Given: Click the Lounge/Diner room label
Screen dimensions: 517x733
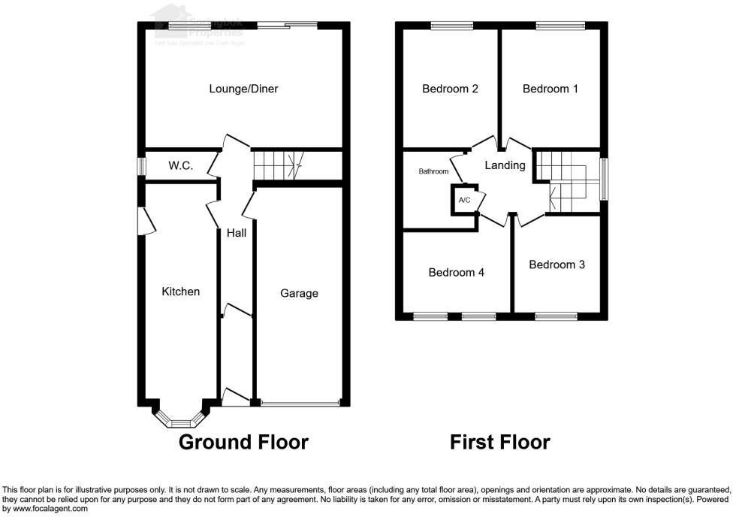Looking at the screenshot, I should coord(243,89).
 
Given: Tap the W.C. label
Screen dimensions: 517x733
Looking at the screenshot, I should coord(180,165).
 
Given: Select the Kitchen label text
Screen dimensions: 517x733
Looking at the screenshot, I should coord(181,291).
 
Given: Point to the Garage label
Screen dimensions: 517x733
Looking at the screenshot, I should coord(299,293).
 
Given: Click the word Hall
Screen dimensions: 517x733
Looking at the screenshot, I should coord(237,233).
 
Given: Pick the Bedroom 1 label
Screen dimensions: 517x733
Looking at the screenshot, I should coord(551,89).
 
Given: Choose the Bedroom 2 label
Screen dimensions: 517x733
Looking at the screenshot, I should coord(450,89).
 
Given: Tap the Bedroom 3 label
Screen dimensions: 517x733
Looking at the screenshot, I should coord(557,265).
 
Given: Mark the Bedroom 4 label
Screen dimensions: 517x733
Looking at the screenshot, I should coord(456,272).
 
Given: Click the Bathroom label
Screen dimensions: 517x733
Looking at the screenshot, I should coord(433,171).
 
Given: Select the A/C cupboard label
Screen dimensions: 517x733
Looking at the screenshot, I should coord(464,200).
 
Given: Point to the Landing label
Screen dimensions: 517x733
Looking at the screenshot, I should coord(505,165).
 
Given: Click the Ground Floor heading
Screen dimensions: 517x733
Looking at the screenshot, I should coord(243,442).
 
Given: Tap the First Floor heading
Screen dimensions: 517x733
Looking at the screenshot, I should coord(499,442).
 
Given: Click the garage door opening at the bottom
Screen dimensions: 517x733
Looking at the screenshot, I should coord(300,404).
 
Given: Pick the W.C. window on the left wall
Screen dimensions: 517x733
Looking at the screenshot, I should coord(140,166).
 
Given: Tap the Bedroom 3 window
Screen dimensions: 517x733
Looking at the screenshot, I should coord(557,316).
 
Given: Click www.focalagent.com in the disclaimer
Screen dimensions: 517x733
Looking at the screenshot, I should coord(45,509).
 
